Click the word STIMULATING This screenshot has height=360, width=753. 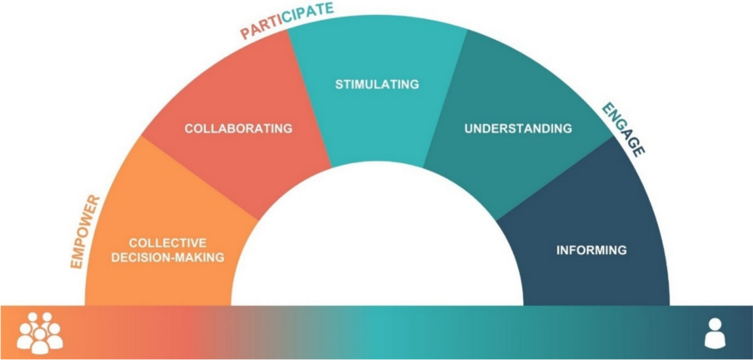[x=376, y=84]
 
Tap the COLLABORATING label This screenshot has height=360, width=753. [x=238, y=129]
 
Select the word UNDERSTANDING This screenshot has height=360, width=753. [x=518, y=129]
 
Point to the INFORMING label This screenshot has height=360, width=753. [x=591, y=250]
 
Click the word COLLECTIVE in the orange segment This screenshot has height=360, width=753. [x=168, y=243]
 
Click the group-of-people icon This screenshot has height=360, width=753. [x=40, y=330]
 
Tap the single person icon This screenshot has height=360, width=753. [x=714, y=332]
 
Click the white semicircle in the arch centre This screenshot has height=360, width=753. [x=376, y=245]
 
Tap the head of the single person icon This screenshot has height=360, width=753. [x=714, y=324]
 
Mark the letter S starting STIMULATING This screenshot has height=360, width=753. [x=339, y=84]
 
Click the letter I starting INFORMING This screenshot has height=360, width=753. [x=558, y=250]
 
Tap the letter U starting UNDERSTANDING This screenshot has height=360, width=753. [x=468, y=129]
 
